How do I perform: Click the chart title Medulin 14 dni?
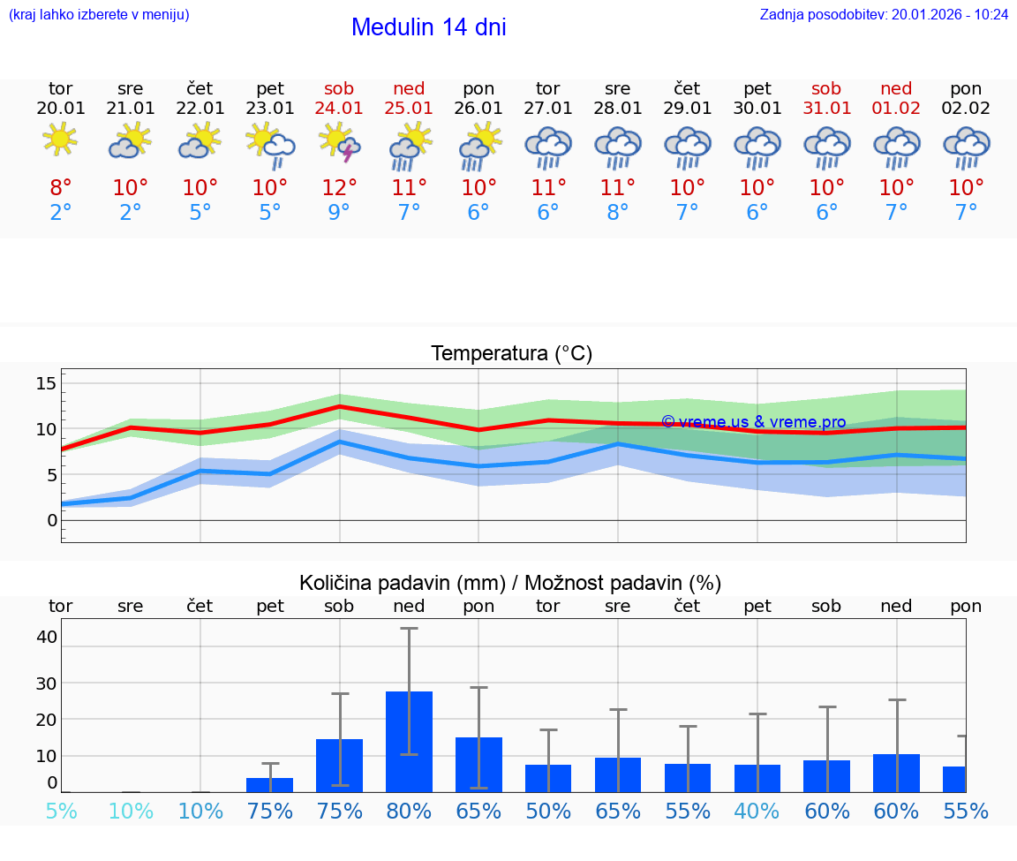428,27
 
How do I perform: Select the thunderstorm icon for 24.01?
339,143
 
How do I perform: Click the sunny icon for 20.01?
60,140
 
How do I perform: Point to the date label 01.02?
896,109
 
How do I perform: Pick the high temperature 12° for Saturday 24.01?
339,187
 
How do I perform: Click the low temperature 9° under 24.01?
339,212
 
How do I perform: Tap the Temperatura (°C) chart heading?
511,353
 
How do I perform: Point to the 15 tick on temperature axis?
46,383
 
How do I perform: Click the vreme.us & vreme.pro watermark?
753,422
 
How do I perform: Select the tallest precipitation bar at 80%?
409,742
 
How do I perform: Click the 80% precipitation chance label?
409,812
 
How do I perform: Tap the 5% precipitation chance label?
61,812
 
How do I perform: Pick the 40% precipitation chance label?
757,812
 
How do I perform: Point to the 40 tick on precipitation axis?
46,637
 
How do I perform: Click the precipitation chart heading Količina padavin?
510,583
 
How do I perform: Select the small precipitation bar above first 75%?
269,785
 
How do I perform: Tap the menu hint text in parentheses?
99,14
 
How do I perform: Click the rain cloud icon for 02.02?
966,147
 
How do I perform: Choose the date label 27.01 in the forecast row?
548,109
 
